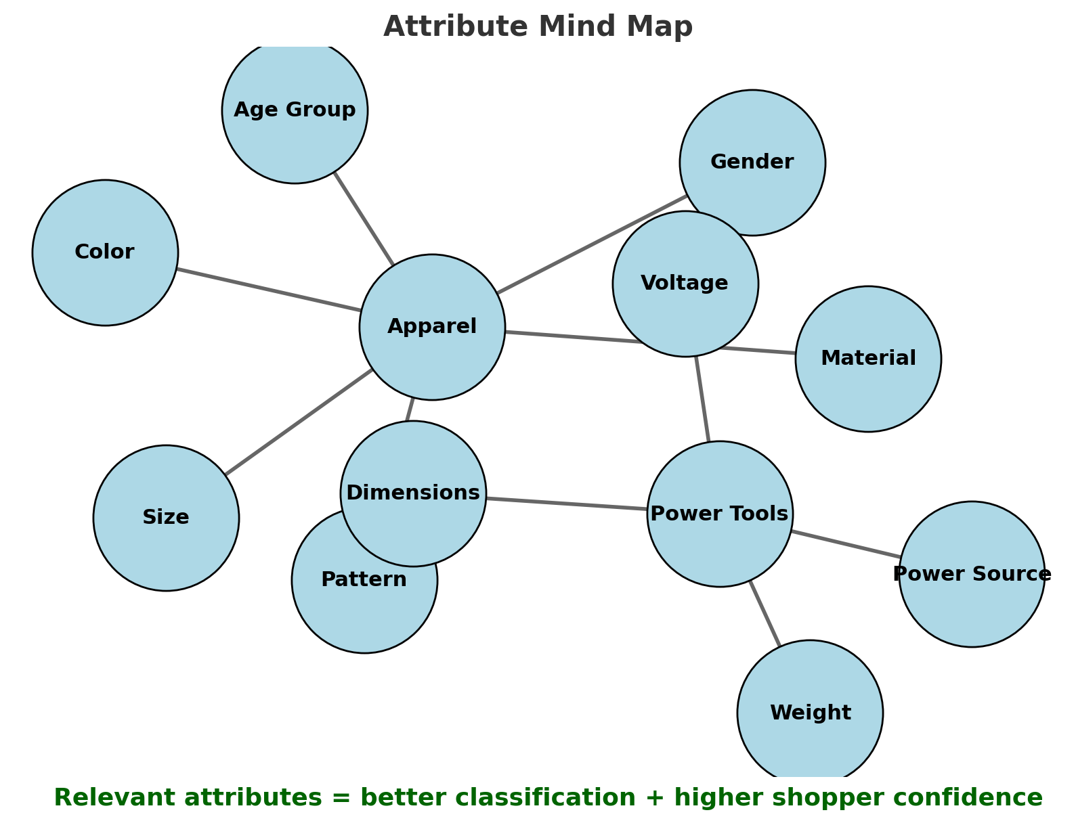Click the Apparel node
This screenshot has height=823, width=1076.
pos(432,327)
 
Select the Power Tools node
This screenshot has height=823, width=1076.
pos(719,514)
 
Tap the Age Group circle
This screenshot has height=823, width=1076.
pos(295,110)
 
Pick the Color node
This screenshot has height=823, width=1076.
pos(105,252)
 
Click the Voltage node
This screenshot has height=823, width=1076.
pos(685,283)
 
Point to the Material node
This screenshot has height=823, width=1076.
pos(868,359)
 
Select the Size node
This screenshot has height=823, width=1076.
pos(166,518)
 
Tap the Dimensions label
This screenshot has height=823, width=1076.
pos(413,493)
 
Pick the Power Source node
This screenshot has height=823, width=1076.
pos(972,574)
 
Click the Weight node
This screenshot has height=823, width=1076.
pos(810,713)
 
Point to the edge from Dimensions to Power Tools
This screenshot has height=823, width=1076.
pos(566,504)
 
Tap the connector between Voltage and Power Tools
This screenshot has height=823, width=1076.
pos(702,399)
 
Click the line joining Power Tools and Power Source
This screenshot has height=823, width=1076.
pos(845,544)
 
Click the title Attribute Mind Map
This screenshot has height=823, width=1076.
pos(538,27)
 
